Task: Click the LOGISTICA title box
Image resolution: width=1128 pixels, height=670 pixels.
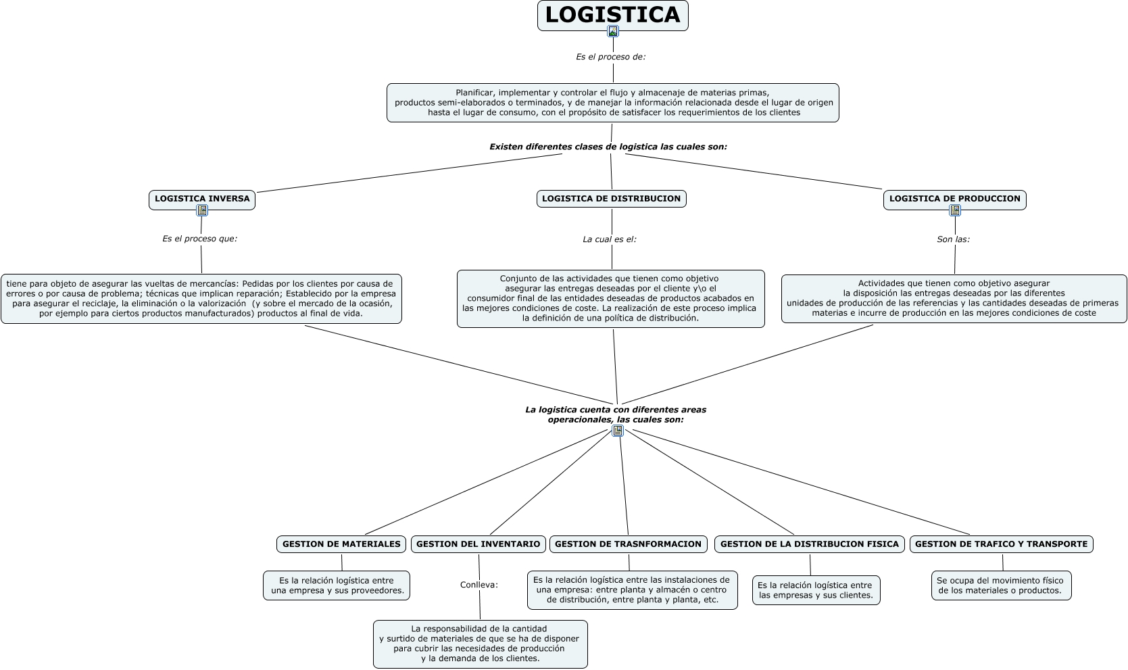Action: (612, 15)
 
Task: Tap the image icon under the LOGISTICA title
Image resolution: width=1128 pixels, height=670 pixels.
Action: (613, 31)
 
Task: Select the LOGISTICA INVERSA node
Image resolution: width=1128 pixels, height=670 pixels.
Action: (202, 199)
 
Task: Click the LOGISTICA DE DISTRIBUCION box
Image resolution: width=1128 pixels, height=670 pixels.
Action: (611, 199)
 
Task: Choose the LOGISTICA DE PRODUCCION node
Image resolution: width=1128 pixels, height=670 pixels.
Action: (954, 199)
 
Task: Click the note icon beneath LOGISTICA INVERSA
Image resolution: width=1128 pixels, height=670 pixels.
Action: (202, 210)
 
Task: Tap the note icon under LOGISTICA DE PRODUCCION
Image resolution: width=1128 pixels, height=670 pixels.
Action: (955, 210)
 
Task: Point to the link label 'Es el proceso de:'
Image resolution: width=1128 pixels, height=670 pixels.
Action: (610, 57)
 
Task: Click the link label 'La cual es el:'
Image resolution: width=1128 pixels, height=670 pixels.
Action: (610, 239)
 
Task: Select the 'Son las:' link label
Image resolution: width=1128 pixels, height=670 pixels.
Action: (953, 239)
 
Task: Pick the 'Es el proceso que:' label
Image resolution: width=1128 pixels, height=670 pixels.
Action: (199, 239)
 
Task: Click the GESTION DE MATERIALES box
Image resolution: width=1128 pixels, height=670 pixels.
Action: (341, 544)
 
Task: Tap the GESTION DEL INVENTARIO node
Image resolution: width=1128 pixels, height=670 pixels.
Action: (478, 544)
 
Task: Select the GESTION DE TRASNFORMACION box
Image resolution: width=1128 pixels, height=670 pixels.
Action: (629, 544)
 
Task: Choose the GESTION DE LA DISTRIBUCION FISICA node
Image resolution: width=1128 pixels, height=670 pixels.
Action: (809, 544)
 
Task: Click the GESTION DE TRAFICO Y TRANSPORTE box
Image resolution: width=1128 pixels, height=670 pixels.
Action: (1001, 544)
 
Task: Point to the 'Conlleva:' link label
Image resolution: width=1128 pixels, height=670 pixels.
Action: (479, 585)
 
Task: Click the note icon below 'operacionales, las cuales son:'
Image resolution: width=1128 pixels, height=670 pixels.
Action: (618, 431)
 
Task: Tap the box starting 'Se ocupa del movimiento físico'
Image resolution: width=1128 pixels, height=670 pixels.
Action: (1001, 585)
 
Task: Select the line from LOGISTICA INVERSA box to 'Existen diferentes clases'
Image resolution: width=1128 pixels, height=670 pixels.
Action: (409, 173)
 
